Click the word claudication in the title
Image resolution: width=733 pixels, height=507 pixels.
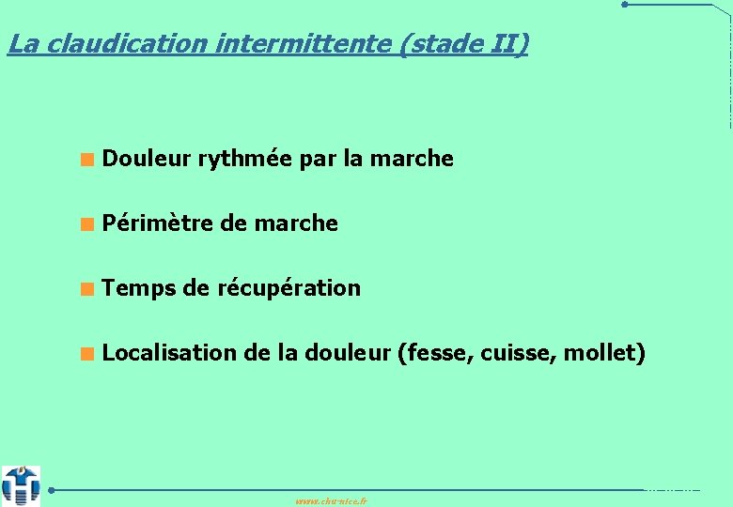pos(119,44)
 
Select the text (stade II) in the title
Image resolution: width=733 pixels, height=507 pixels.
pos(464,44)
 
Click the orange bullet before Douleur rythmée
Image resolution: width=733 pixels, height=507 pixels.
pos(86,160)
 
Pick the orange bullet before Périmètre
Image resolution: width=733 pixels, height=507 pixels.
pos(86,224)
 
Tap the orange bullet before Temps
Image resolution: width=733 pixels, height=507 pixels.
pos(86,289)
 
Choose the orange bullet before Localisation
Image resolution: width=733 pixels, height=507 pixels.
pos(86,354)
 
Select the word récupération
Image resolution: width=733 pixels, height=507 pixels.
pos(289,289)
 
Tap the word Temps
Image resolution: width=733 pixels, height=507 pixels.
pos(139,289)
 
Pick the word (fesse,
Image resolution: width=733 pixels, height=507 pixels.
pos(436,353)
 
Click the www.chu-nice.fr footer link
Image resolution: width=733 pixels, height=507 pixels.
pos(331,501)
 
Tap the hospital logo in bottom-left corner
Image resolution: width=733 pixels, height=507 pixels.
pos(21,485)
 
